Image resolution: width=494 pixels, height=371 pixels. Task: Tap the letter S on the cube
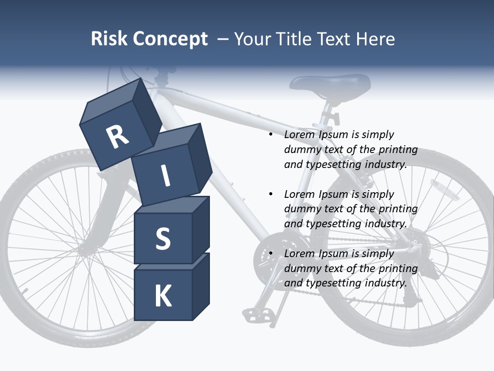click(x=163, y=239)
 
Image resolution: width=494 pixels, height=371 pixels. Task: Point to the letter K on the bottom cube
click(x=163, y=296)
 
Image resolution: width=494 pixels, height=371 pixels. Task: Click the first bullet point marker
click(x=271, y=135)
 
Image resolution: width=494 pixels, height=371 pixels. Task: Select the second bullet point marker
click(x=271, y=194)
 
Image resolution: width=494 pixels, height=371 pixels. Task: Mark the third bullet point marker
click(x=271, y=254)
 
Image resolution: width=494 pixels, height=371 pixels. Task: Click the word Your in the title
click(x=253, y=39)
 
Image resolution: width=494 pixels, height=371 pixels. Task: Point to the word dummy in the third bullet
click(x=302, y=268)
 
